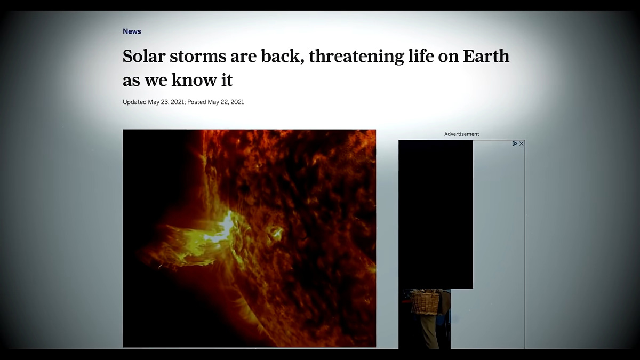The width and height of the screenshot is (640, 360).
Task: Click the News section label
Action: pyautogui.click(x=132, y=31)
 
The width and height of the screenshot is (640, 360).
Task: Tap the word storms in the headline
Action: pyautogui.click(x=198, y=57)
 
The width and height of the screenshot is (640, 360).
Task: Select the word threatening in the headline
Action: pyautogui.click(x=357, y=57)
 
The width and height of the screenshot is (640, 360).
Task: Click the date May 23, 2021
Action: pyautogui.click(x=166, y=102)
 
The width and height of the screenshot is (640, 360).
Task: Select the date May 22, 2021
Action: pyautogui.click(x=226, y=102)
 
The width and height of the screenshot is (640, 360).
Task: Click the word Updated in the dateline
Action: pyautogui.click(x=134, y=102)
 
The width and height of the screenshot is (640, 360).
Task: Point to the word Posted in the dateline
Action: pyautogui.click(x=196, y=102)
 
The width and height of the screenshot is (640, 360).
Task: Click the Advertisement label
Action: pyautogui.click(x=461, y=134)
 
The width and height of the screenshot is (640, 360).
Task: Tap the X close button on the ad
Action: pyautogui.click(x=522, y=143)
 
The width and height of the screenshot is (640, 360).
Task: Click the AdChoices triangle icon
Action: pyautogui.click(x=515, y=143)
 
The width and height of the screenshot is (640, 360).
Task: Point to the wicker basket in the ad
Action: pyautogui.click(x=425, y=302)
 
